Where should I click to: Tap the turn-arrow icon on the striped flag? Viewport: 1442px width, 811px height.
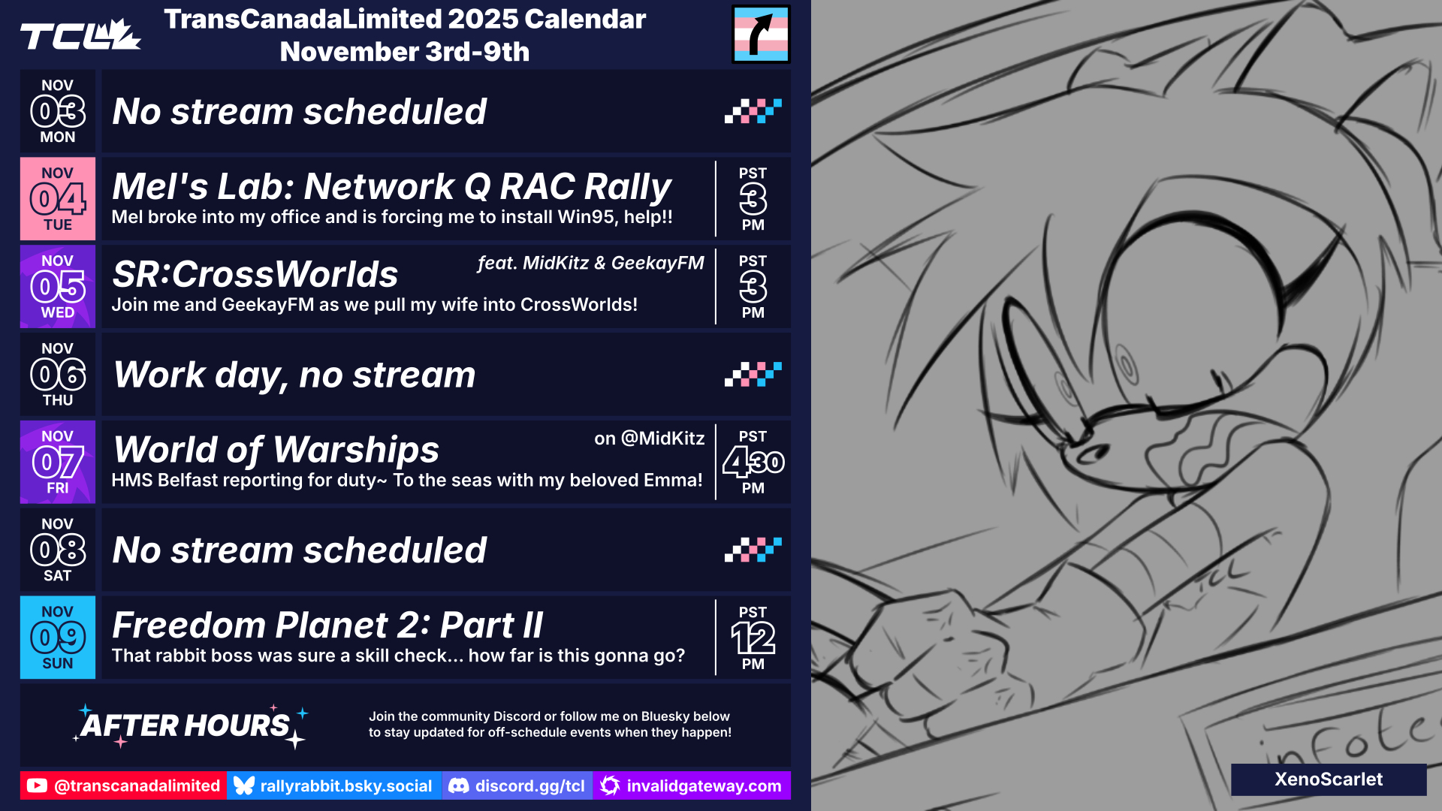[761, 34]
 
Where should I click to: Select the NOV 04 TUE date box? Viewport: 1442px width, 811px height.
[58, 199]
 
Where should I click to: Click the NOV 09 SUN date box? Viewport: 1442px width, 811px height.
[58, 638]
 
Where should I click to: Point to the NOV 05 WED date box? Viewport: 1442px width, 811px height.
[58, 287]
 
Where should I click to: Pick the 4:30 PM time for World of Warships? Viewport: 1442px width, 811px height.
[753, 462]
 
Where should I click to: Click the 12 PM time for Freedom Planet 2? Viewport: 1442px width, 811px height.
[753, 638]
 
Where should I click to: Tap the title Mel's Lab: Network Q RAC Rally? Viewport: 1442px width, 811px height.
[391, 186]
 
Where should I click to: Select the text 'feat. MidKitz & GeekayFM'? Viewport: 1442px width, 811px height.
[590, 263]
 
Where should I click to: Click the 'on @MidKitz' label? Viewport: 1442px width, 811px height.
[650, 439]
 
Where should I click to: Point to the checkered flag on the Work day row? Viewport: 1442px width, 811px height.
[753, 374]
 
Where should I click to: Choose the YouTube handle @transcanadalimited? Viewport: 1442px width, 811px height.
[123, 785]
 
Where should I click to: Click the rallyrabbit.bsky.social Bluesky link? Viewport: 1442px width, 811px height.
[334, 785]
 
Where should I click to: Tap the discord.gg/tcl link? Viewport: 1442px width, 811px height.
[517, 785]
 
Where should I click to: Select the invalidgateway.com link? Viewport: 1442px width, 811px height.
[692, 785]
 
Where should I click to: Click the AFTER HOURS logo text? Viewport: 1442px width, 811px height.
[186, 725]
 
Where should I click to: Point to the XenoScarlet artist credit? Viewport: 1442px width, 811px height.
[1329, 779]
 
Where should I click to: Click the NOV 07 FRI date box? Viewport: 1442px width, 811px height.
[58, 462]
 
